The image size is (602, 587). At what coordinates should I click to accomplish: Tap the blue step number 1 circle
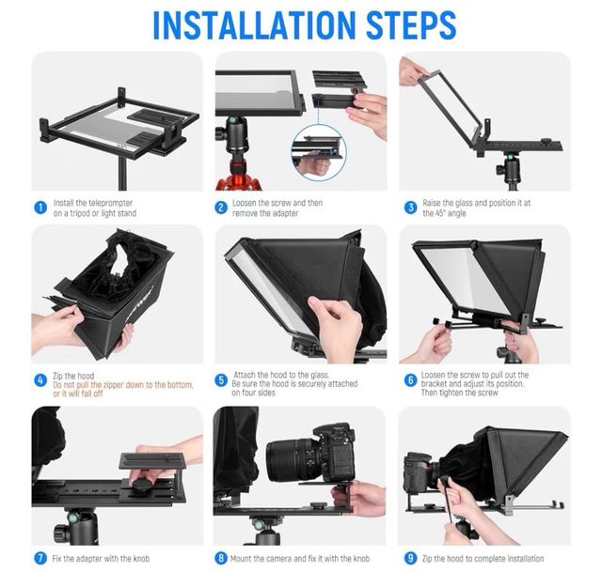pos(40,208)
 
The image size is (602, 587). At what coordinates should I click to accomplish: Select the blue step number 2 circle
pos(221,208)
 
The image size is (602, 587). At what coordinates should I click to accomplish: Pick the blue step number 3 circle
pos(410,208)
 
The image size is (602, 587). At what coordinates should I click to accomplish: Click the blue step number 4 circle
pos(40,380)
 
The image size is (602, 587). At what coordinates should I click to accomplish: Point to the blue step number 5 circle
pos(221,380)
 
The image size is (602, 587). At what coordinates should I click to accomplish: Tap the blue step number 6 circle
pos(410,380)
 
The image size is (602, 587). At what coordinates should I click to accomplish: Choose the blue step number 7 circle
pos(40,558)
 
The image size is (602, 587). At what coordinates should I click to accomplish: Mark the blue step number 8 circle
pos(221,558)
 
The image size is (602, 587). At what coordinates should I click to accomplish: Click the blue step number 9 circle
pos(410,558)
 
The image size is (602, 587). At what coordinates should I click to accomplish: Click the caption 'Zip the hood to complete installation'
pos(482,558)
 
